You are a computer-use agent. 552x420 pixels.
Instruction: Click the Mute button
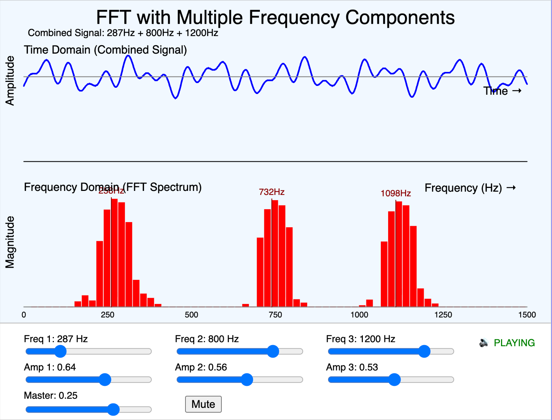pyautogui.click(x=203, y=404)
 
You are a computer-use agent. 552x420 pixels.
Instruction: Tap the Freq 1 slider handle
pyautogui.click(x=60, y=351)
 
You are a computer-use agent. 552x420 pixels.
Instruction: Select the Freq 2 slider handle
pyautogui.click(x=273, y=351)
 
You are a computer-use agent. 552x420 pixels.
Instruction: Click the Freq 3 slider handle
pyautogui.click(x=424, y=351)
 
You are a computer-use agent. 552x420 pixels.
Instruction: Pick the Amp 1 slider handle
pyautogui.click(x=105, y=380)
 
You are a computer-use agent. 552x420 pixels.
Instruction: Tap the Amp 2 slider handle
pyautogui.click(x=247, y=380)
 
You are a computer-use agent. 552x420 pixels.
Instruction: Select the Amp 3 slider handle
pyautogui.click(x=394, y=380)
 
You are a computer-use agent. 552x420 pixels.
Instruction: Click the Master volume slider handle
pyautogui.click(x=114, y=409)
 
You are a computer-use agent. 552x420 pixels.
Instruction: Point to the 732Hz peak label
pyautogui.click(x=272, y=192)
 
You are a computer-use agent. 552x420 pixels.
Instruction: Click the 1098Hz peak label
pyautogui.click(x=395, y=193)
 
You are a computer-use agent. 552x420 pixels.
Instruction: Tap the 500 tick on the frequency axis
pyautogui.click(x=191, y=315)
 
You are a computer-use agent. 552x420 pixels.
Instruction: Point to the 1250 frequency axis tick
pyautogui.click(x=443, y=315)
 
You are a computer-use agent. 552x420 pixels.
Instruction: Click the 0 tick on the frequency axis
pyautogui.click(x=24, y=315)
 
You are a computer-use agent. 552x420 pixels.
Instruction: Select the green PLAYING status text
pyautogui.click(x=514, y=343)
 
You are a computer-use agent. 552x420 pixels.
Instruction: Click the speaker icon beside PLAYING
pyautogui.click(x=484, y=343)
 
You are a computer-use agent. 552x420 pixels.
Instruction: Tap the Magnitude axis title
pyautogui.click(x=10, y=242)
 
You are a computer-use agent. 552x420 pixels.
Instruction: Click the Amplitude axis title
pyautogui.click(x=10, y=81)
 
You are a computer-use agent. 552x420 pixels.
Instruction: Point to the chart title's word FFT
pyautogui.click(x=113, y=18)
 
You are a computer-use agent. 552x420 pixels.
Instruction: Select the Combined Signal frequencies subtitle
pyautogui.click(x=123, y=33)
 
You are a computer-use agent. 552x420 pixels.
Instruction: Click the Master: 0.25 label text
pyautogui.click(x=51, y=395)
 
